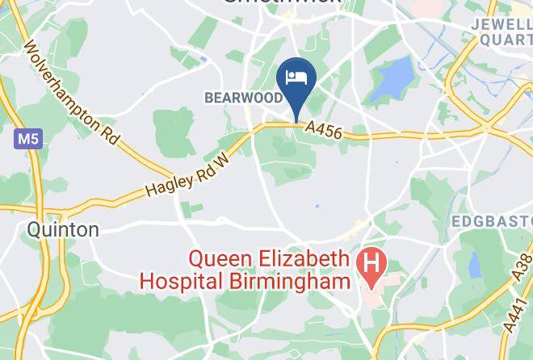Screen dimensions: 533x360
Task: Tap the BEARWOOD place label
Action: click(243, 98)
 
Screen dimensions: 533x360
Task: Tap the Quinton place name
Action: click(63, 230)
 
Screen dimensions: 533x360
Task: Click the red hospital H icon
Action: click(372, 264)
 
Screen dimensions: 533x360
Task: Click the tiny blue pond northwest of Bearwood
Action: click(203, 58)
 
